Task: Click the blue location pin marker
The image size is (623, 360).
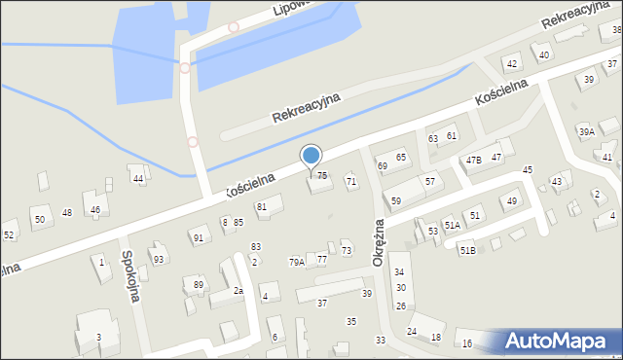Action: click(311, 156)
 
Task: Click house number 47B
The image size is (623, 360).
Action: click(473, 160)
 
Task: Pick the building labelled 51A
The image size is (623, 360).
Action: click(452, 225)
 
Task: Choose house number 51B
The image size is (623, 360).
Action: click(468, 251)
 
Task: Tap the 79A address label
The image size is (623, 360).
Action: click(297, 262)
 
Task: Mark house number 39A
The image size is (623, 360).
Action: click(586, 131)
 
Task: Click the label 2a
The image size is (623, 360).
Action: click(238, 290)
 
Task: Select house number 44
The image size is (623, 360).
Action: click(139, 179)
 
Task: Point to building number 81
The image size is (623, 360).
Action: click(261, 207)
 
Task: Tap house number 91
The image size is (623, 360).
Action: click(199, 237)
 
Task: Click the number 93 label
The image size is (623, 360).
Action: click(158, 259)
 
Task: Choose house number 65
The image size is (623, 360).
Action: click(400, 158)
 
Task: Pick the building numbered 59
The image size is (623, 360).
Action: click(395, 200)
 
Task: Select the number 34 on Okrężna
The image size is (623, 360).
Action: click(399, 271)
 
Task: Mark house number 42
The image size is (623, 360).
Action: click(511, 64)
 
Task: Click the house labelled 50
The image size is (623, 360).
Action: click(39, 219)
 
